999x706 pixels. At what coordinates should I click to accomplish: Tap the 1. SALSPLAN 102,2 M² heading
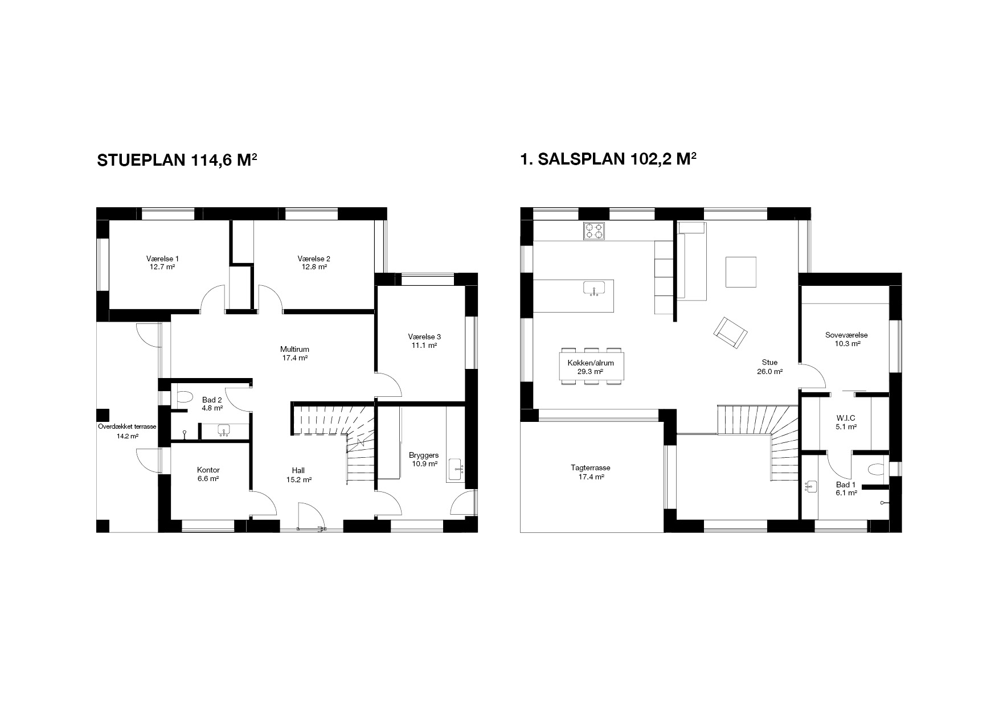[x=608, y=159]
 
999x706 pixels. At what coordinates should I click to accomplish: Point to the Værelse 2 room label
[x=314, y=258]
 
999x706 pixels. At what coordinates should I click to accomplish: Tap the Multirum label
[x=294, y=349]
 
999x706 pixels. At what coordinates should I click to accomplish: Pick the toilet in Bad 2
[x=185, y=396]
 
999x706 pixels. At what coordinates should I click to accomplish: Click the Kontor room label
[x=208, y=470]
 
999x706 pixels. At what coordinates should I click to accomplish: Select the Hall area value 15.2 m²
[x=298, y=479]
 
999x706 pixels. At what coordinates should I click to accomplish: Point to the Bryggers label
[x=424, y=455]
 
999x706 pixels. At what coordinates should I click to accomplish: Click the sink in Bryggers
[x=456, y=470]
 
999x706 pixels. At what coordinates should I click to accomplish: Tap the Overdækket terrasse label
[x=127, y=426]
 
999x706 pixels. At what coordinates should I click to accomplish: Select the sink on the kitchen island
[x=593, y=289]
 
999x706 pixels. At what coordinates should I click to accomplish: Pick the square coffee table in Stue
[x=741, y=272]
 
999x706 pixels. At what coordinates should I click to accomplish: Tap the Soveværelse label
[x=846, y=335]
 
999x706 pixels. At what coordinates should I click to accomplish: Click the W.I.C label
[x=845, y=418]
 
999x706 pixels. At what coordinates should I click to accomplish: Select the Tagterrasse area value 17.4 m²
[x=591, y=477]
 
